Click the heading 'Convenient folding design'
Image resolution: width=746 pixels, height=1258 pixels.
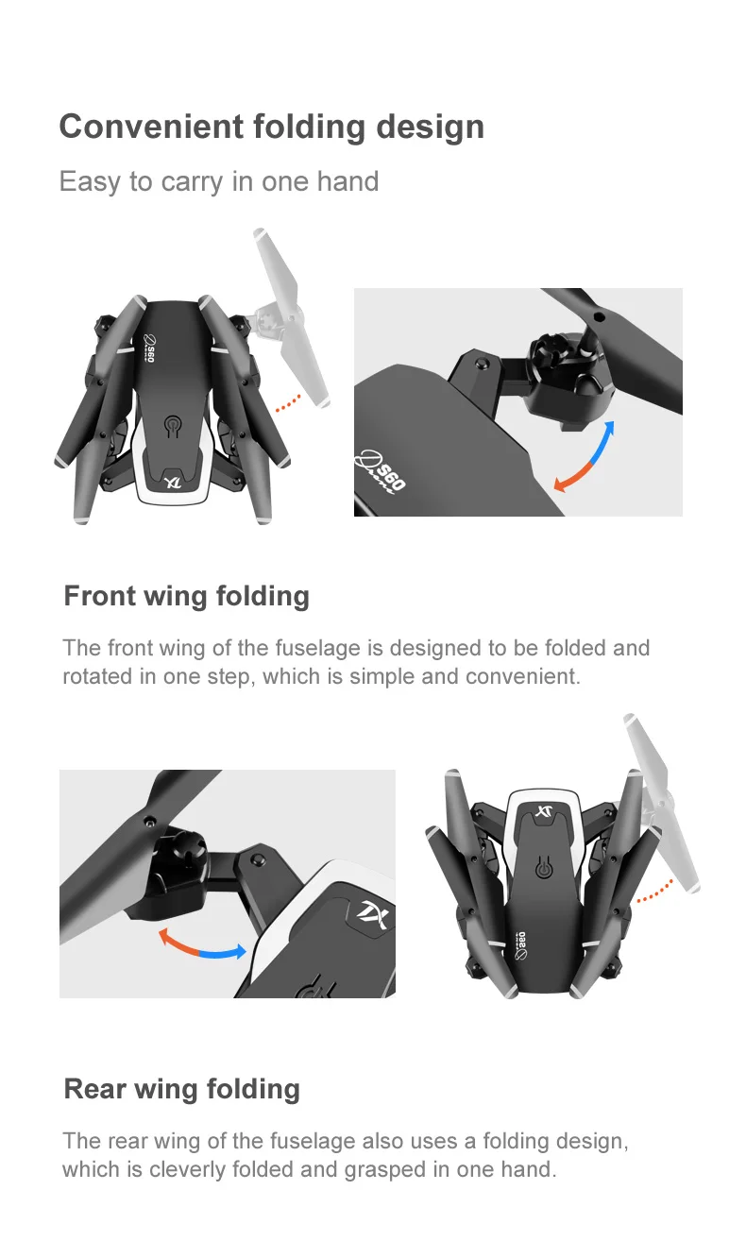tap(272, 127)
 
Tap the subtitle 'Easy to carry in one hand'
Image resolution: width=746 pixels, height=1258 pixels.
tap(219, 182)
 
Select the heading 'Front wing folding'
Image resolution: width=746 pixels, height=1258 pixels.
tap(186, 597)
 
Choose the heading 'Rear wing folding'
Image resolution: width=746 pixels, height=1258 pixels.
tap(182, 1090)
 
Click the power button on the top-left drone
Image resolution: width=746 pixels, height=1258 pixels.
tap(173, 426)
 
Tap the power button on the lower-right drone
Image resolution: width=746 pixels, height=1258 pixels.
tap(543, 868)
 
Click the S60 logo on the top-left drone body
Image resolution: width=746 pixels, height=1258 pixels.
tap(150, 347)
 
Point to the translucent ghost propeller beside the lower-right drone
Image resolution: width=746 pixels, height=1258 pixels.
tap(663, 802)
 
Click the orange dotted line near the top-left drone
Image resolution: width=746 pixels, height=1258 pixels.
tap(289, 403)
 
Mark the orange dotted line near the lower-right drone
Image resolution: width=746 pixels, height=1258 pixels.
tap(654, 892)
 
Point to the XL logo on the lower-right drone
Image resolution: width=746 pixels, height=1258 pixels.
tap(543, 811)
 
